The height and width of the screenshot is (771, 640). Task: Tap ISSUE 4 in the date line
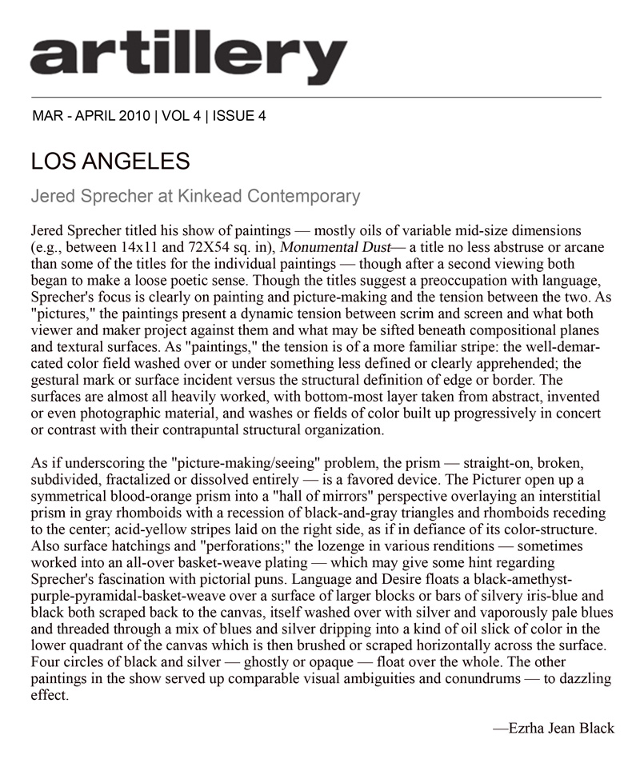tap(238, 115)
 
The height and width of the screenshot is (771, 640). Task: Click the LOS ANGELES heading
tap(110, 162)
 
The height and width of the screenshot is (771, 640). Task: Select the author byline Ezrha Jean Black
tap(553, 729)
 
